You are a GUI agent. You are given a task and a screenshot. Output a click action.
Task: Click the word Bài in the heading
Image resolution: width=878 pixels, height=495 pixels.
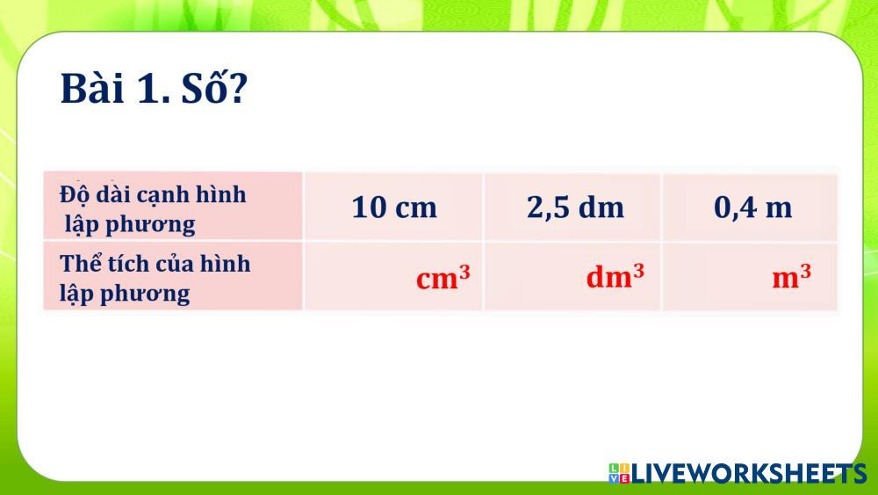92,88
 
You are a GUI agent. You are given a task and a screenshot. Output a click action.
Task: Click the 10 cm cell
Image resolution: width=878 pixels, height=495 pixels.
394,207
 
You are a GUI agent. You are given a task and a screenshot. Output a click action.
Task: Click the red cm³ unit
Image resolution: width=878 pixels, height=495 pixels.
443,276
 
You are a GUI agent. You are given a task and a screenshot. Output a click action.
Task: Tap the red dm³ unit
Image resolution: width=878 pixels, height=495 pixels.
615,276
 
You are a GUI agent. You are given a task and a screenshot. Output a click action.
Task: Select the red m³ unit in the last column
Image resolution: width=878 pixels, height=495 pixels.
791,276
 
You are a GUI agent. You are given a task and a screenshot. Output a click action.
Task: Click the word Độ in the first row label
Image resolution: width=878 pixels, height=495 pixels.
75,195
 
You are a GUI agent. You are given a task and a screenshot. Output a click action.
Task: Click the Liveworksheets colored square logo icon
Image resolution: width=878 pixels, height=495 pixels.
619,473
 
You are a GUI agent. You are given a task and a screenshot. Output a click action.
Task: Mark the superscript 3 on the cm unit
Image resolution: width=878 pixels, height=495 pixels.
464,271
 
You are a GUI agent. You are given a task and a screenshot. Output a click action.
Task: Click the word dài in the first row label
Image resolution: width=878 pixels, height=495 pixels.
113,194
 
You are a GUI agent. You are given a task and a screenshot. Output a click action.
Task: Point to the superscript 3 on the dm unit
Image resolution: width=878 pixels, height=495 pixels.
638,270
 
